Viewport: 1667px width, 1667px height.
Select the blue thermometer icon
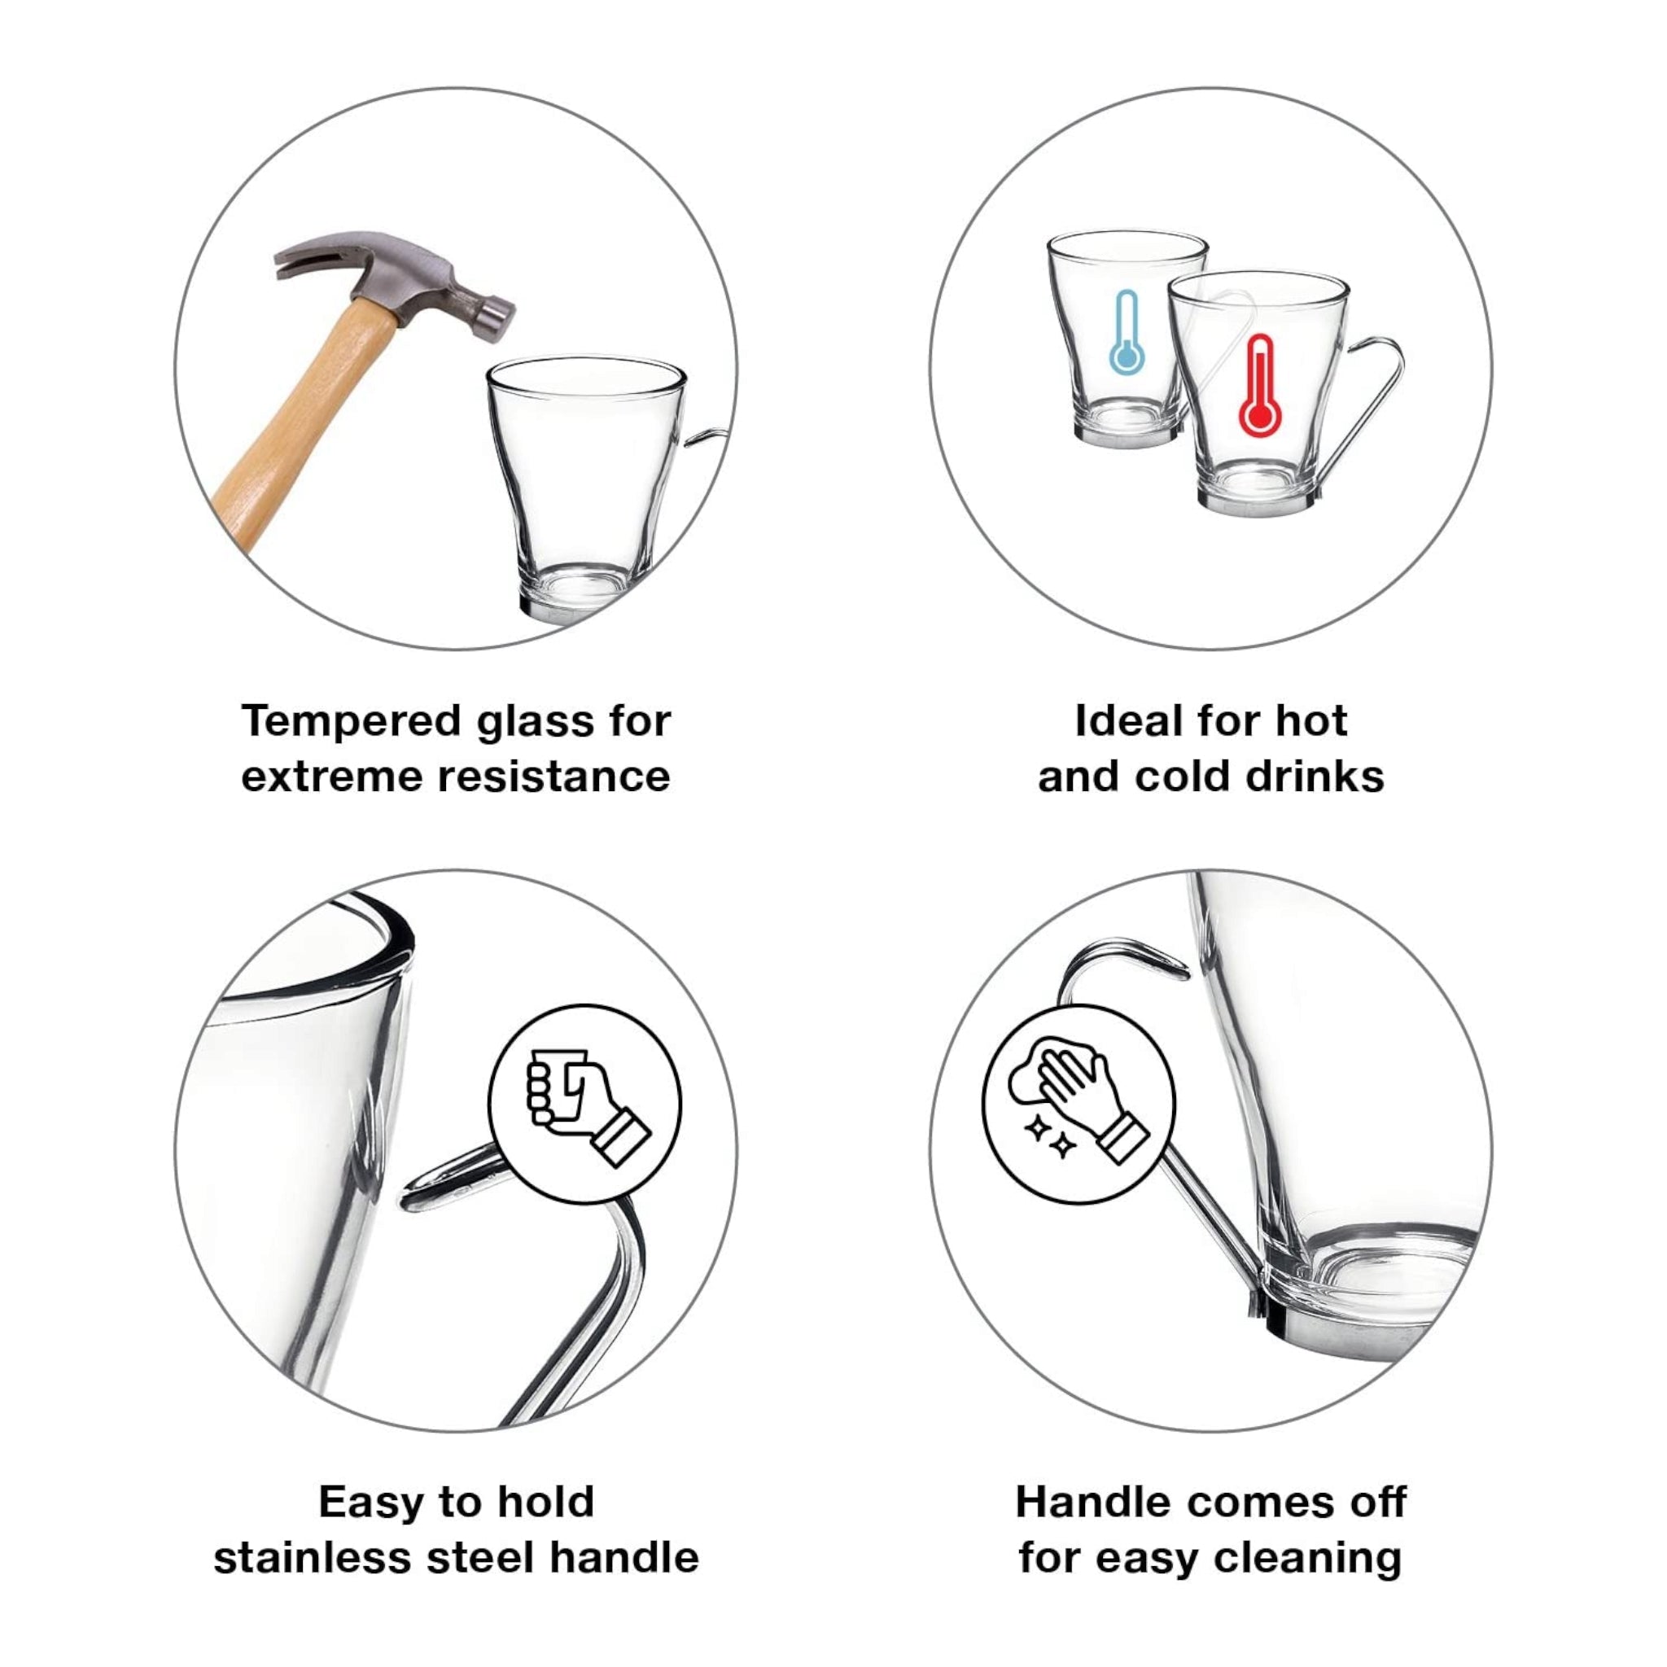point(1126,333)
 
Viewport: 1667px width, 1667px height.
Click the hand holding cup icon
point(585,1104)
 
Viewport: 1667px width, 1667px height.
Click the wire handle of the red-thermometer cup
point(1372,405)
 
